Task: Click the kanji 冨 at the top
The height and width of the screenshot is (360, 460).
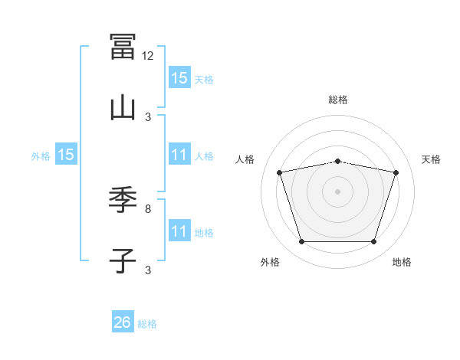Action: point(123,47)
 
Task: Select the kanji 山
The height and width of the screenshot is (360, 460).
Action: point(123,109)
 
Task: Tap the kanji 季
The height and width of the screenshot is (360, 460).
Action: point(123,200)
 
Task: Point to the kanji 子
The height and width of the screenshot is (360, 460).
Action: point(123,261)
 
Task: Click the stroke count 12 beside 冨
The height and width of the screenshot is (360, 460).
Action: point(147,56)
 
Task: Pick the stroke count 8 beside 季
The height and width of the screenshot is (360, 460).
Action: point(148,209)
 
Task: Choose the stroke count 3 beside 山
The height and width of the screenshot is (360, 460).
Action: point(148,117)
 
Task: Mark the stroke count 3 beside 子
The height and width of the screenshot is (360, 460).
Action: point(148,270)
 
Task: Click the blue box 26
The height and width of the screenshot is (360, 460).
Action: point(123,321)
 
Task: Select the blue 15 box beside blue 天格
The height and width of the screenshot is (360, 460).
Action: point(179,77)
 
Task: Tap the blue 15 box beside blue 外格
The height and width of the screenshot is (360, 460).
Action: point(66,154)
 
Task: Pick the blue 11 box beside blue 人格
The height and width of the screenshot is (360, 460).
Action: point(179,154)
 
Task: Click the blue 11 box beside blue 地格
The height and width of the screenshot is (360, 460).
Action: point(179,230)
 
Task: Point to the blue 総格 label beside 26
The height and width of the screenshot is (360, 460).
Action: point(147,324)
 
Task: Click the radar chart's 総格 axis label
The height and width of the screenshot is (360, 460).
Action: point(338,100)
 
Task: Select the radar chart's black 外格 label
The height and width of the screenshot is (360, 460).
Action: point(270,262)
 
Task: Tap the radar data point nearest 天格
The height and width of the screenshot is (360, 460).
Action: point(396,172)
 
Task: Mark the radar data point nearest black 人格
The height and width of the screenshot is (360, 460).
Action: point(280,172)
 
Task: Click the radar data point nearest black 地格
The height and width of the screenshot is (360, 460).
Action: point(373,241)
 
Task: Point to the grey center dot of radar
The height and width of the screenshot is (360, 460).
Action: point(337,191)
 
